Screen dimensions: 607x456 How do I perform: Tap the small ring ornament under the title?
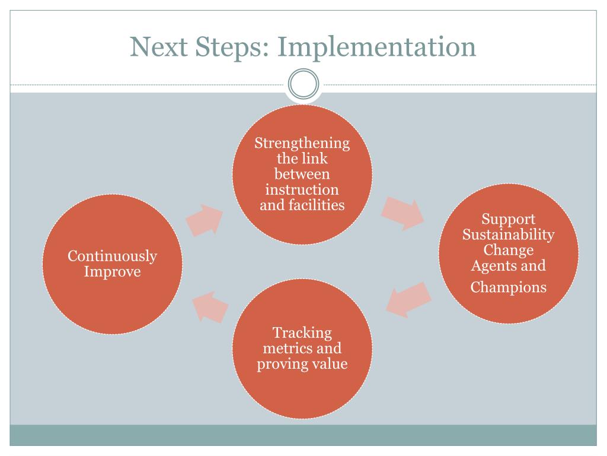(x=303, y=84)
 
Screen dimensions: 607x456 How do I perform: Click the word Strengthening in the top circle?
(x=302, y=144)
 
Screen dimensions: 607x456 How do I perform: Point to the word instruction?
(x=302, y=190)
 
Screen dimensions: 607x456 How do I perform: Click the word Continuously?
(x=112, y=256)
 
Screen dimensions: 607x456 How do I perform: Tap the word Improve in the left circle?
(x=112, y=272)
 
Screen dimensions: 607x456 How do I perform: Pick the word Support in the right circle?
(x=508, y=219)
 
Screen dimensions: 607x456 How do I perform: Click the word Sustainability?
(x=508, y=235)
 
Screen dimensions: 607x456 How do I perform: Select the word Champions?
(x=508, y=287)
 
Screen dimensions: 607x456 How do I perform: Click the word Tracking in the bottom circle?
(x=302, y=332)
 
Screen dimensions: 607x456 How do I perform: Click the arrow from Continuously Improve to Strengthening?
(x=205, y=220)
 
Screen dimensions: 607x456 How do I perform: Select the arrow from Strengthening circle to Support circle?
(x=402, y=212)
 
